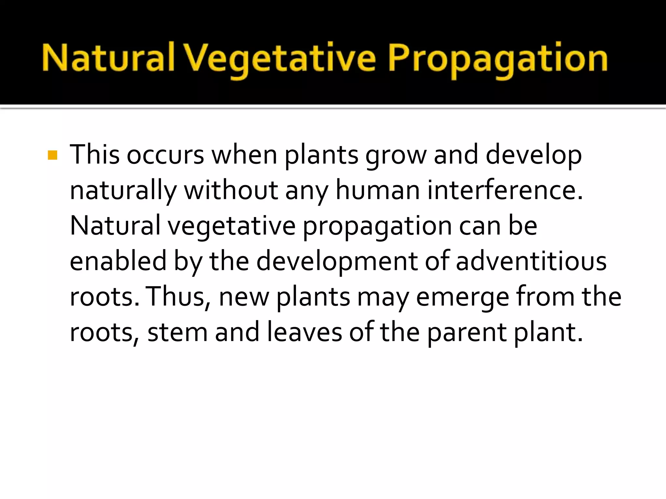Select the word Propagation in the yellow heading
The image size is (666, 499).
pyautogui.click(x=498, y=58)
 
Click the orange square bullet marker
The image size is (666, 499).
pyautogui.click(x=52, y=155)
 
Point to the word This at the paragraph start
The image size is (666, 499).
pyautogui.click(x=95, y=155)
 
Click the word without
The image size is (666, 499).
pyautogui.click(x=231, y=190)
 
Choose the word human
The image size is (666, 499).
pyautogui.click(x=378, y=190)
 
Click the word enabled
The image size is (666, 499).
pyautogui.click(x=118, y=261)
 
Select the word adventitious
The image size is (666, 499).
pyautogui.click(x=531, y=261)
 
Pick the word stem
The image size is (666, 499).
pyautogui.click(x=178, y=332)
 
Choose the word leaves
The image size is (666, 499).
pyautogui.click(x=304, y=332)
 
